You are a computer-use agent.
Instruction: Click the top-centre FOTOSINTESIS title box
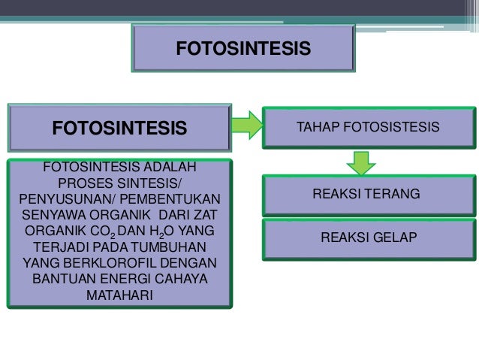pyautogui.click(x=243, y=49)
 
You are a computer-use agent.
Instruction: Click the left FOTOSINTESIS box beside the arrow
pyautogui.click(x=119, y=128)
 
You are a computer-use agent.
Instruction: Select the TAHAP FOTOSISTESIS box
pyautogui.click(x=367, y=127)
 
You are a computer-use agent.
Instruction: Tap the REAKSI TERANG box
pyautogui.click(x=367, y=195)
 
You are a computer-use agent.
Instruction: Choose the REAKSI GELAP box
pyautogui.click(x=367, y=237)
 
